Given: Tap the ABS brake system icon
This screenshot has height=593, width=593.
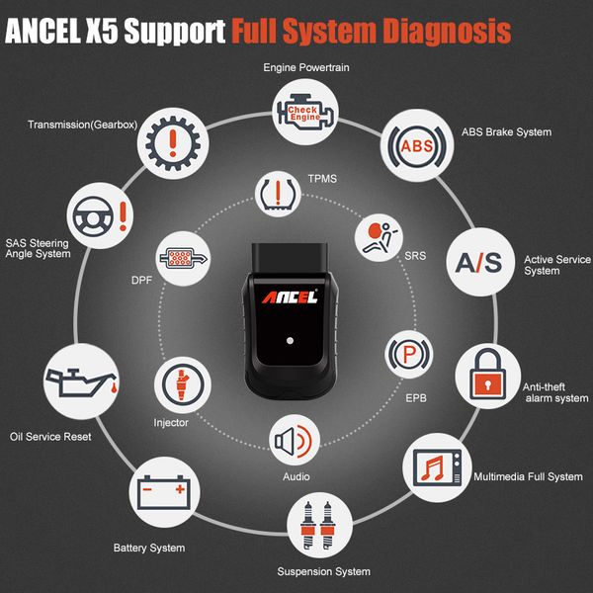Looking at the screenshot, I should (x=416, y=146).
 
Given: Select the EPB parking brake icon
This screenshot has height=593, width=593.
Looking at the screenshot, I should (x=405, y=353).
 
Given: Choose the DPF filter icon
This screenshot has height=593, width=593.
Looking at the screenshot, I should (x=182, y=258).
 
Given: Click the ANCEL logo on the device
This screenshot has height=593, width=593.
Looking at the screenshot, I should (x=288, y=296).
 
